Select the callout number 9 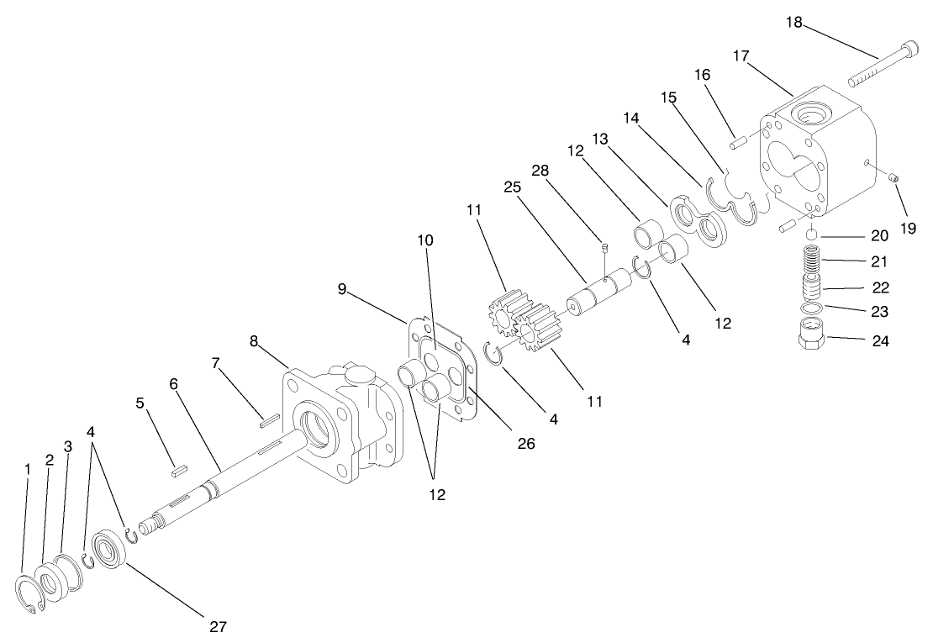[343, 287]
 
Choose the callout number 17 [741, 56]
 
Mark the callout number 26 [526, 443]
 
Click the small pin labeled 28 [603, 246]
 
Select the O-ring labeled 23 [810, 310]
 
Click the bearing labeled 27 [109, 550]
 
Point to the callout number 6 [173, 382]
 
